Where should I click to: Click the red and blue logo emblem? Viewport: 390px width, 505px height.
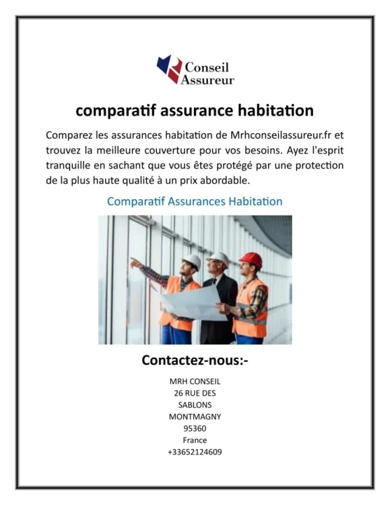click(x=168, y=69)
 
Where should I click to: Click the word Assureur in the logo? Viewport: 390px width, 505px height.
click(x=208, y=80)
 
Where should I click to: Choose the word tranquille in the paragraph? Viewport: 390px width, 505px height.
click(x=74, y=166)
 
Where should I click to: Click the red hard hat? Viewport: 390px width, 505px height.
click(x=250, y=260)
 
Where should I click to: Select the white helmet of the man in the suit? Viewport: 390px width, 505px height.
click(x=219, y=258)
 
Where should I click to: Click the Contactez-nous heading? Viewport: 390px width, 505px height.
click(x=195, y=362)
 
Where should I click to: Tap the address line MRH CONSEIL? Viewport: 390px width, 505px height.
click(x=195, y=381)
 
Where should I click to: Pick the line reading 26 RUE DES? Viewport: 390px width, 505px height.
click(x=195, y=393)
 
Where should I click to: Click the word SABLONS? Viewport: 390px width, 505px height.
click(x=195, y=405)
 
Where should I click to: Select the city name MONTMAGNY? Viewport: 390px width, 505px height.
click(x=195, y=417)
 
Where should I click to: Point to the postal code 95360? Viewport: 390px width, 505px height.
click(x=195, y=429)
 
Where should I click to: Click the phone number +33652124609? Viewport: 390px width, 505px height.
click(x=195, y=452)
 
